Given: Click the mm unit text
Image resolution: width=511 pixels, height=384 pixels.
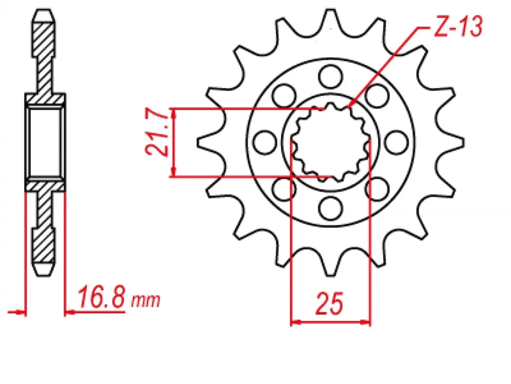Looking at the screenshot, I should coord(146,300).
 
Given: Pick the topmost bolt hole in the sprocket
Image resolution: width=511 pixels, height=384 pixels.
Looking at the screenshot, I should coord(330,75).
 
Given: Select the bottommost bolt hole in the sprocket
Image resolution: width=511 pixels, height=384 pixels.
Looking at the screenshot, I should coord(330,207).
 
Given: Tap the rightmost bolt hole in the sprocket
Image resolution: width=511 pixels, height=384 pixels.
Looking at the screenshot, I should coord(396,141).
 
